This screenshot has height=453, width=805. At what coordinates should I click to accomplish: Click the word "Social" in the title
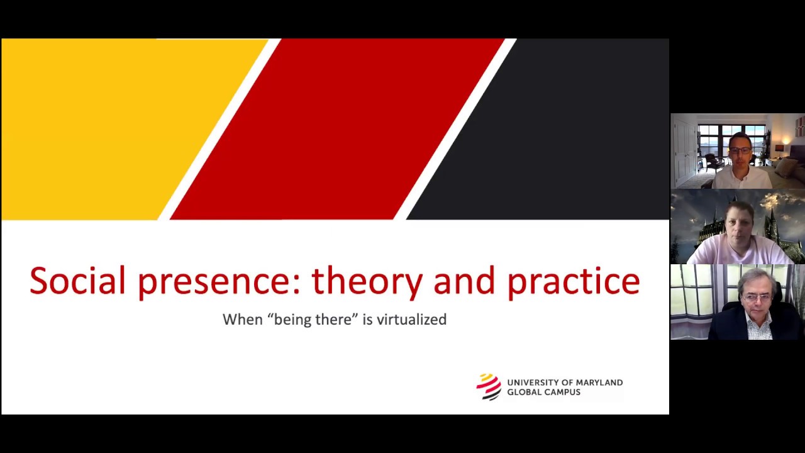click(77, 281)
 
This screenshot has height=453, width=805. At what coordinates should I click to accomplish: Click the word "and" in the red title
click(465, 281)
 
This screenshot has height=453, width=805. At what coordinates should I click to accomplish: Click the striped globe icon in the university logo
click(489, 387)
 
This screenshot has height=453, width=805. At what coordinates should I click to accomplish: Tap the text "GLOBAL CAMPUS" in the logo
click(543, 392)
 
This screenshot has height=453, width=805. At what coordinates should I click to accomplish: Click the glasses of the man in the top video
click(740, 150)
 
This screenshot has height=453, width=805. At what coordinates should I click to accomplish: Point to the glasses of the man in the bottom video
click(757, 297)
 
